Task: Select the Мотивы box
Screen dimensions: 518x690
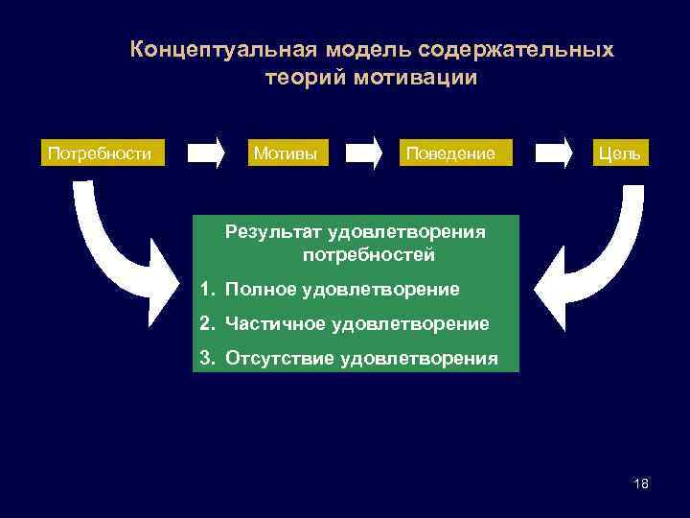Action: (284, 153)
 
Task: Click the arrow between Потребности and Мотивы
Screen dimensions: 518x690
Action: (205, 153)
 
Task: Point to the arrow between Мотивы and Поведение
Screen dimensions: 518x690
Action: (365, 153)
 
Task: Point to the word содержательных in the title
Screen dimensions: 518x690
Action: (518, 49)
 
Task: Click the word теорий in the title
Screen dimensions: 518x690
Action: (305, 78)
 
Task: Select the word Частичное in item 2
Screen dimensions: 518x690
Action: (276, 324)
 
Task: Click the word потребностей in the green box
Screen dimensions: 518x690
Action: (368, 255)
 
